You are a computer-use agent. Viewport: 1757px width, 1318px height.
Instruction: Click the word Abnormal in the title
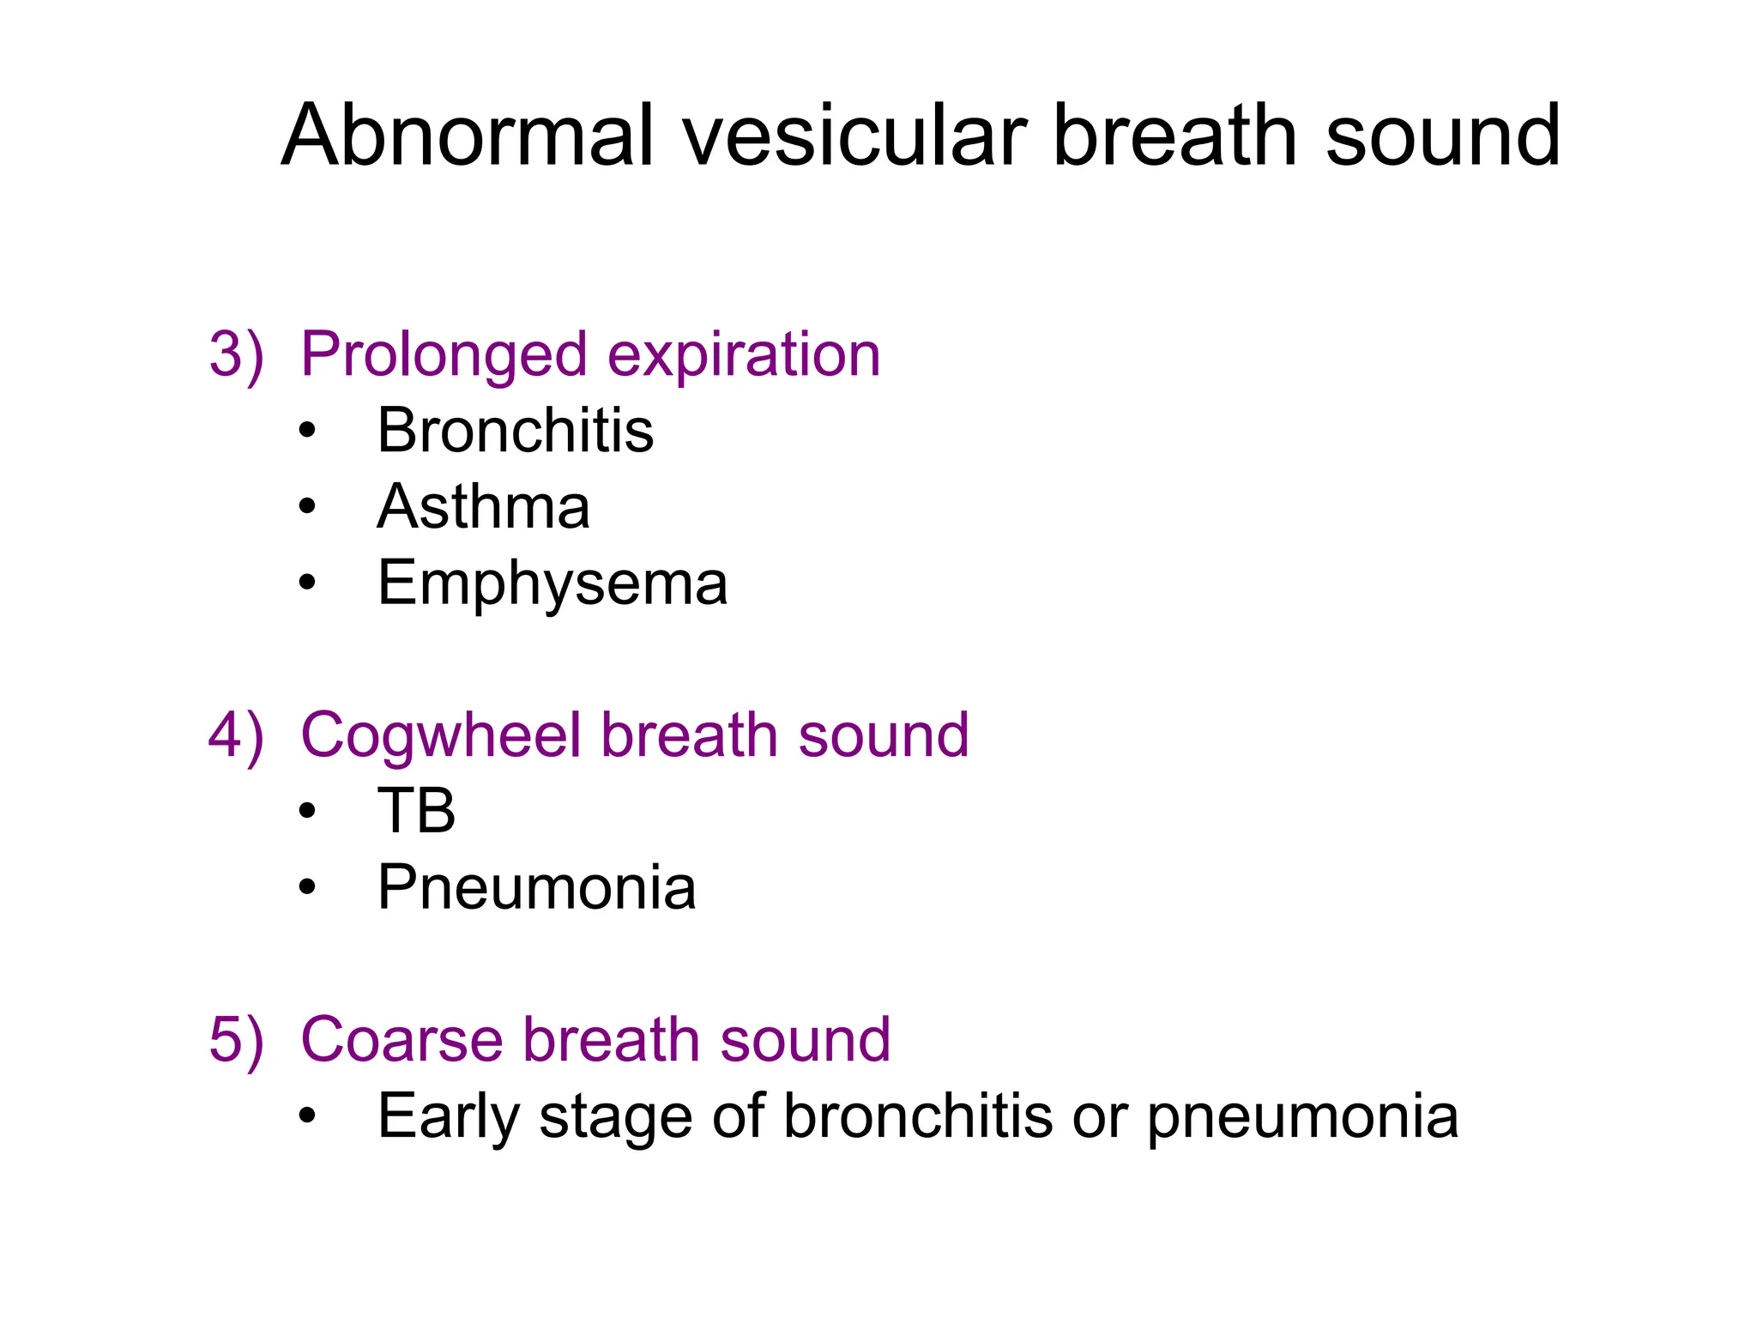click(x=468, y=136)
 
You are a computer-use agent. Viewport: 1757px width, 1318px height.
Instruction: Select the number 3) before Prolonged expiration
click(x=236, y=354)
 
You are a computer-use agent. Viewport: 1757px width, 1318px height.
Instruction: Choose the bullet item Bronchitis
click(x=515, y=430)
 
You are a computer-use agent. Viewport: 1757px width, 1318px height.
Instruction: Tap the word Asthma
click(x=483, y=506)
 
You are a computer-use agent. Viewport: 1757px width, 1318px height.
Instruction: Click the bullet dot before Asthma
click(x=307, y=506)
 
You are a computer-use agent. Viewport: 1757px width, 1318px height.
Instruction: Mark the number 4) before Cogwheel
click(x=236, y=735)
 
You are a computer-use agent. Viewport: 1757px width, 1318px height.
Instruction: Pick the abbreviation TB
click(x=416, y=811)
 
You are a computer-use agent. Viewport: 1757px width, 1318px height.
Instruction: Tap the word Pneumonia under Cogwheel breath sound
click(x=536, y=887)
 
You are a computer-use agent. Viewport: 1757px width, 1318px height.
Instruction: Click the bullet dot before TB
click(x=307, y=811)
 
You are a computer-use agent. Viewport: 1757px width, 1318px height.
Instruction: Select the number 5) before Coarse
click(x=236, y=1040)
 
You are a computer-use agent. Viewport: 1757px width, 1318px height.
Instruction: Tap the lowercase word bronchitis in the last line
click(x=917, y=1116)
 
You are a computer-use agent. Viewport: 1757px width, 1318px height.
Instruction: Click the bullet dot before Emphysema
click(x=307, y=583)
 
